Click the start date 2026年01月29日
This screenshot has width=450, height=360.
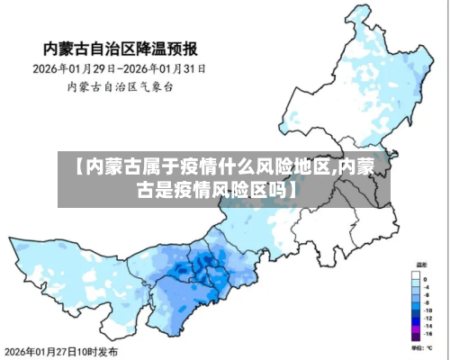click(x=73, y=68)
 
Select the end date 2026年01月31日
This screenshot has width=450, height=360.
click(x=167, y=68)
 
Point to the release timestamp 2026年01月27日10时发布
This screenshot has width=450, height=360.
click(x=61, y=350)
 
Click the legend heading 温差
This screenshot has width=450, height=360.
click(x=420, y=265)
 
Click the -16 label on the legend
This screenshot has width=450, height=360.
click(x=428, y=334)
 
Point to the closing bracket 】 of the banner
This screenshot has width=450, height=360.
click(x=294, y=191)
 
